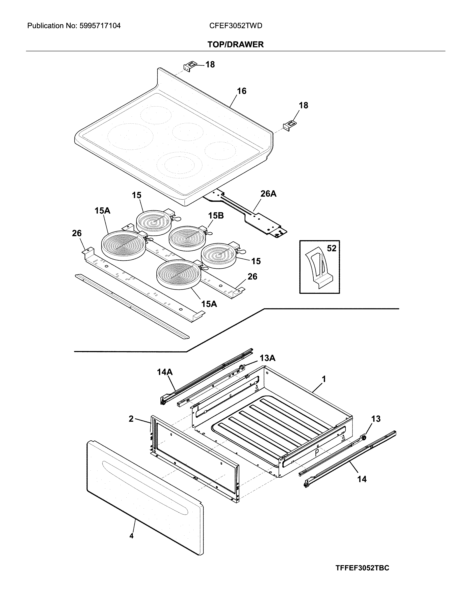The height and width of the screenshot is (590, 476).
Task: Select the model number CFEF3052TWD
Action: pos(236,26)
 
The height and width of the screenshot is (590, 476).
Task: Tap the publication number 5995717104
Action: pos(100,26)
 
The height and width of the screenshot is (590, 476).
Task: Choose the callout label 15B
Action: pos(216,216)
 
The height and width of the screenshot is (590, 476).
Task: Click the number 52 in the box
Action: pos(331,248)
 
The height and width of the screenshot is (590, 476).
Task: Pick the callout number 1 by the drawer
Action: pos(324,379)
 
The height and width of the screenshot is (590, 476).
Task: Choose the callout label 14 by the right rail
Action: pos(362,479)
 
